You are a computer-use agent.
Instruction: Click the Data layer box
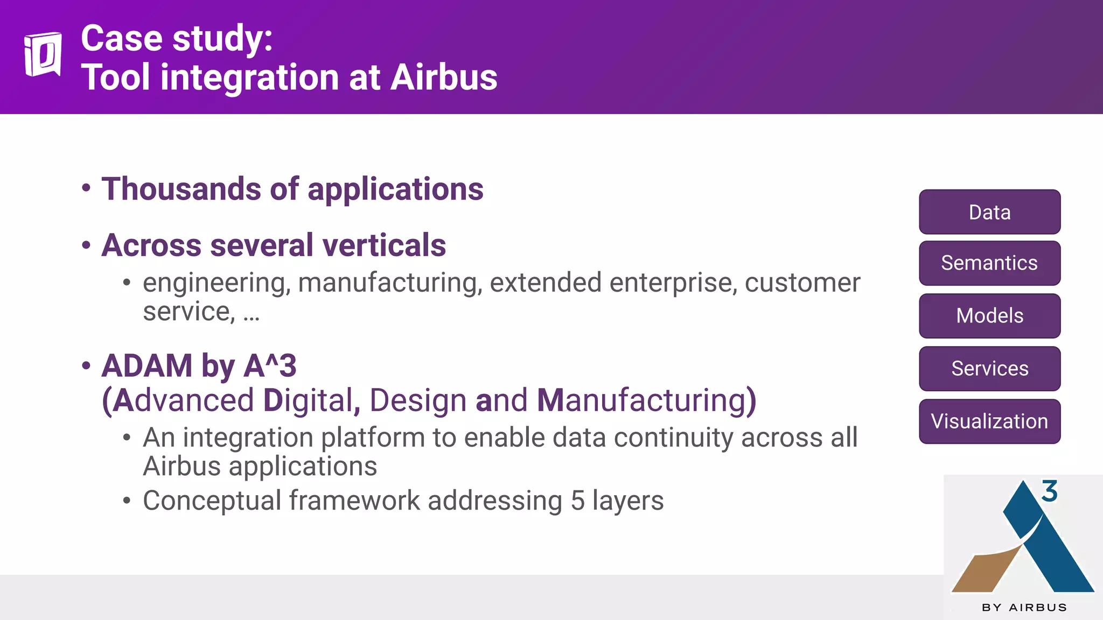[989, 212]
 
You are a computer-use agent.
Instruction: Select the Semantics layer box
[989, 263]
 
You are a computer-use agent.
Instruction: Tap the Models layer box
[989, 316]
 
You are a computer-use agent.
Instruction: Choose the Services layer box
[989, 369]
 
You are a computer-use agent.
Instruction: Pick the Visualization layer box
[989, 421]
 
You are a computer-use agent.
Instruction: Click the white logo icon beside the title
[43, 54]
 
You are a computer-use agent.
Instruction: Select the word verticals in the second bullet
[384, 245]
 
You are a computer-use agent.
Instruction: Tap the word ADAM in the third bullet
[146, 366]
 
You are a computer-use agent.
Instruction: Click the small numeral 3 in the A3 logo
[1049, 491]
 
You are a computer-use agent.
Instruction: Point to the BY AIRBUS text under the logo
[1024, 608]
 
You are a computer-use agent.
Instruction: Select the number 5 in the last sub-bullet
[577, 501]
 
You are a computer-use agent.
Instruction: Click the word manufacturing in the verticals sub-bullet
[389, 283]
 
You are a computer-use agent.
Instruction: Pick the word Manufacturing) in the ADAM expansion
[646, 401]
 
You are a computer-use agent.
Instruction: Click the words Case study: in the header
[177, 39]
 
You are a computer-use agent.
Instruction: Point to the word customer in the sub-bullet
[802, 283]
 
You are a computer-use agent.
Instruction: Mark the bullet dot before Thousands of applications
[86, 188]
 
